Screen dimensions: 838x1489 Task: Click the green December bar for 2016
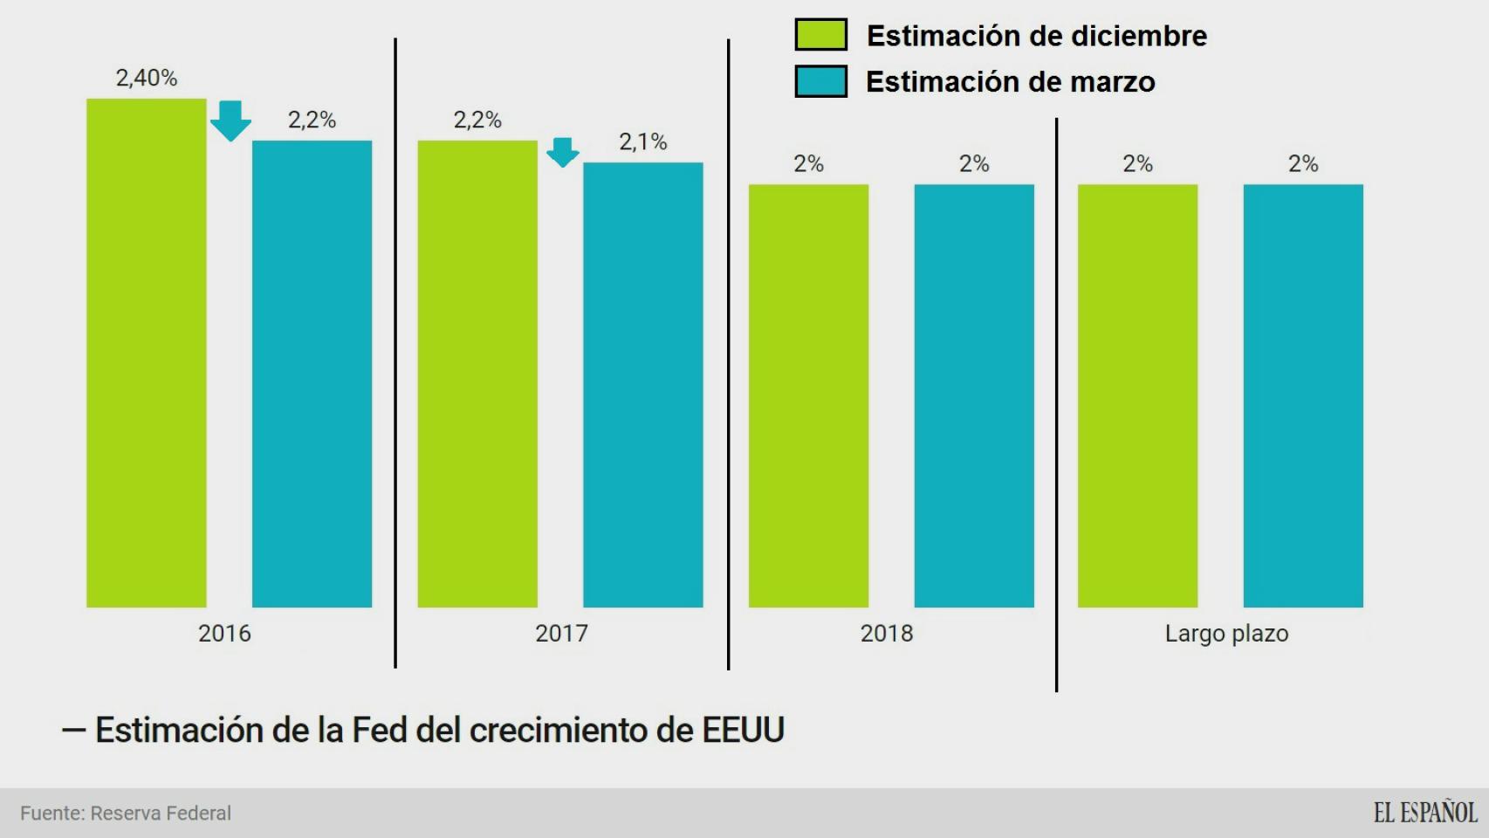[x=147, y=353]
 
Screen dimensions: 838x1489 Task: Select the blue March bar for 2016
[x=312, y=374]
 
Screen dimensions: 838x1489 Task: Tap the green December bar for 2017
[x=477, y=374]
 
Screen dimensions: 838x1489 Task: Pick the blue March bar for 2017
[x=643, y=384]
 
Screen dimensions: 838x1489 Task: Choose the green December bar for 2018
[x=808, y=395]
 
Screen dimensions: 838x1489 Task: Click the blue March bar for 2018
[x=974, y=395]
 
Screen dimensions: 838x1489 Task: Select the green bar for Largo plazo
[x=1137, y=395]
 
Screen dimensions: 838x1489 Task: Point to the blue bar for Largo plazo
[x=1303, y=395]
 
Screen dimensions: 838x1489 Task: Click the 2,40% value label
[x=147, y=79]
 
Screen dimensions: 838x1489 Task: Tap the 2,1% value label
[x=643, y=142]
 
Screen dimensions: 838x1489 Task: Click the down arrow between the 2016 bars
[x=230, y=120]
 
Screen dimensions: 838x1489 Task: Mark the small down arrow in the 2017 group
[x=563, y=152]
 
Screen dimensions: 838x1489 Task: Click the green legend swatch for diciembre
[x=820, y=35]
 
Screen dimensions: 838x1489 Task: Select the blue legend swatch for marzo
[x=820, y=81]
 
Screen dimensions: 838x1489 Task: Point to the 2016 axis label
[x=224, y=634]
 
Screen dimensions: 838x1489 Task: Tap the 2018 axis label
[x=887, y=634]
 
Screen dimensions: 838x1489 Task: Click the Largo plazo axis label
[x=1226, y=634]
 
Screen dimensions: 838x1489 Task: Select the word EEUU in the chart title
[x=743, y=731]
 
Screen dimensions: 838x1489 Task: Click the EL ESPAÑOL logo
[x=1424, y=813]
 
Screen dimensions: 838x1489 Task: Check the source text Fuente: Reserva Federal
[x=126, y=814]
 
